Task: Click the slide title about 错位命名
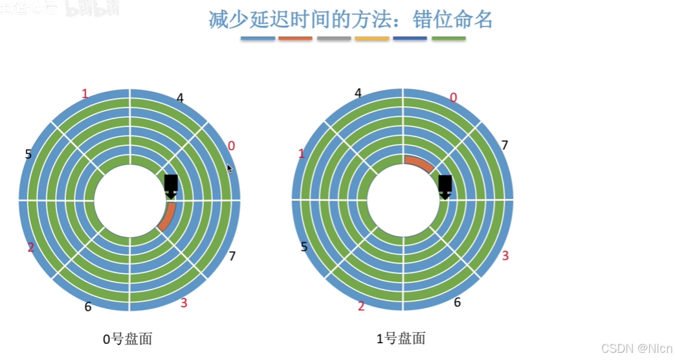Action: click(351, 19)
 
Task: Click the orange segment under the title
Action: click(295, 39)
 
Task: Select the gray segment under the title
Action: click(334, 39)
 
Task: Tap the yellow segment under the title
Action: click(372, 39)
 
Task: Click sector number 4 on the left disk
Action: click(180, 98)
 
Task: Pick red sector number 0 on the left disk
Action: click(232, 146)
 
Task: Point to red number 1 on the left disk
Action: click(85, 95)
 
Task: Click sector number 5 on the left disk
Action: click(28, 154)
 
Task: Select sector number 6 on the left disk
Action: click(88, 306)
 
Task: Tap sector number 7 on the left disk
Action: click(232, 256)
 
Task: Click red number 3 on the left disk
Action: click(184, 303)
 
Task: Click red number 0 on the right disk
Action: click(453, 98)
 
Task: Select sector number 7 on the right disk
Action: click(505, 145)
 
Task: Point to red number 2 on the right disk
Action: click(361, 306)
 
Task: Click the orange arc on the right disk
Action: click(419, 164)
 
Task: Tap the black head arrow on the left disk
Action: click(171, 186)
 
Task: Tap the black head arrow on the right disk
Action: click(445, 186)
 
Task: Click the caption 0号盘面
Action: click(127, 339)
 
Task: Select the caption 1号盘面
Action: click(401, 339)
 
